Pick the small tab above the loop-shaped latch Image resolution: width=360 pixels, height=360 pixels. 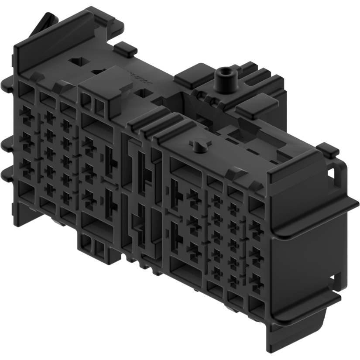click(328, 150)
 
